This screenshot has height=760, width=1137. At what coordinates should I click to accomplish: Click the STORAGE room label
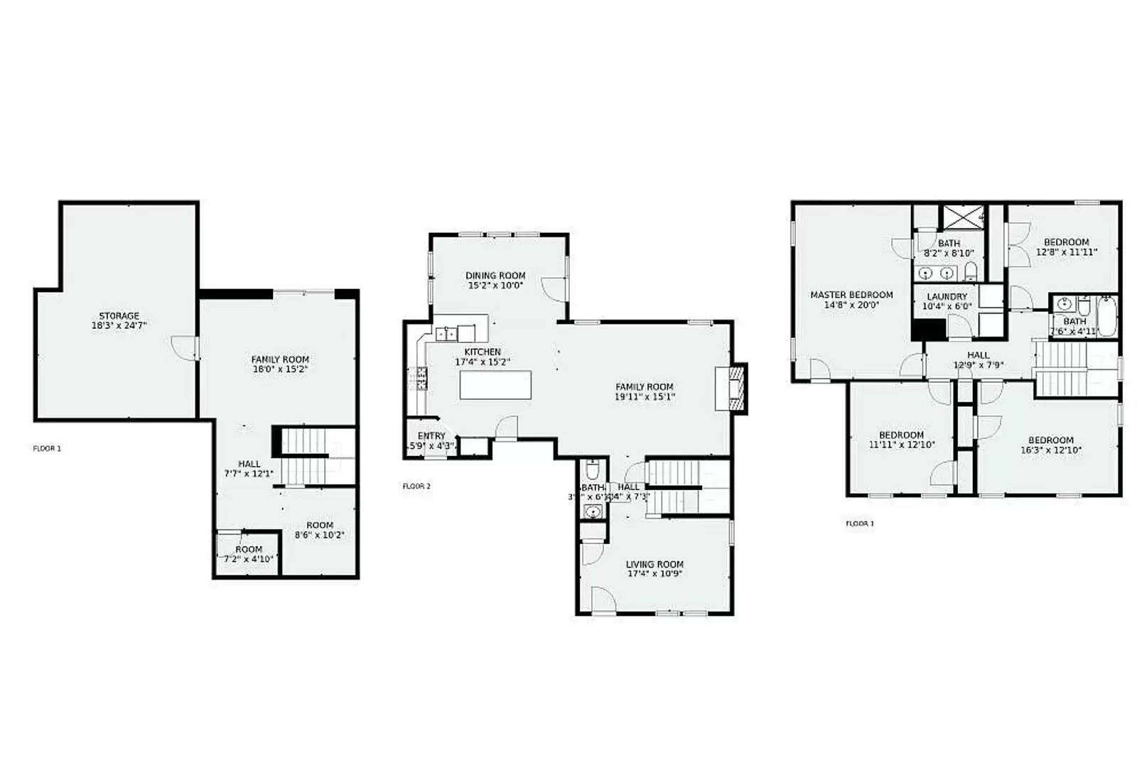(x=119, y=315)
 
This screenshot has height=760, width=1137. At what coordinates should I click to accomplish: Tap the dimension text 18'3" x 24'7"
(x=119, y=326)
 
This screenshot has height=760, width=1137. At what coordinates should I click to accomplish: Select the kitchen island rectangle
(x=495, y=385)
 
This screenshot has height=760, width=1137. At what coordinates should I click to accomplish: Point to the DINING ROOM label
(x=495, y=276)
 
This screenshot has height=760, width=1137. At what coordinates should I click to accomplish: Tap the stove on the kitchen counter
(x=417, y=379)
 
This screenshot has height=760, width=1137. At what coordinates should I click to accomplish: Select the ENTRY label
(x=431, y=436)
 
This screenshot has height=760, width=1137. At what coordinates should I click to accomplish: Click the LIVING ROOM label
(x=654, y=564)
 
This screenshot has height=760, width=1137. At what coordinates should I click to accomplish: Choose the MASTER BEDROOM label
(x=851, y=295)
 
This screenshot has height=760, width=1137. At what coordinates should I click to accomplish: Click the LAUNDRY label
(x=947, y=296)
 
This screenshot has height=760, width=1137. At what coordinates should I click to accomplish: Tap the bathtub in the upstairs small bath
(x=1106, y=317)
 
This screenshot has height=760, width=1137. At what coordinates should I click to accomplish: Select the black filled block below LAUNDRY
(x=929, y=330)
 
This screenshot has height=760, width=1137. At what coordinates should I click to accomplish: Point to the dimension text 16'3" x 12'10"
(x=1050, y=450)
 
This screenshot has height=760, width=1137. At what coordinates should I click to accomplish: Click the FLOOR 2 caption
(x=416, y=487)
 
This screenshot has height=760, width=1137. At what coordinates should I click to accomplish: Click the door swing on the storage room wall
(x=186, y=348)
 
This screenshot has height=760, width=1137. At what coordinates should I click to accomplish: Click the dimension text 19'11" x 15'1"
(x=644, y=397)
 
